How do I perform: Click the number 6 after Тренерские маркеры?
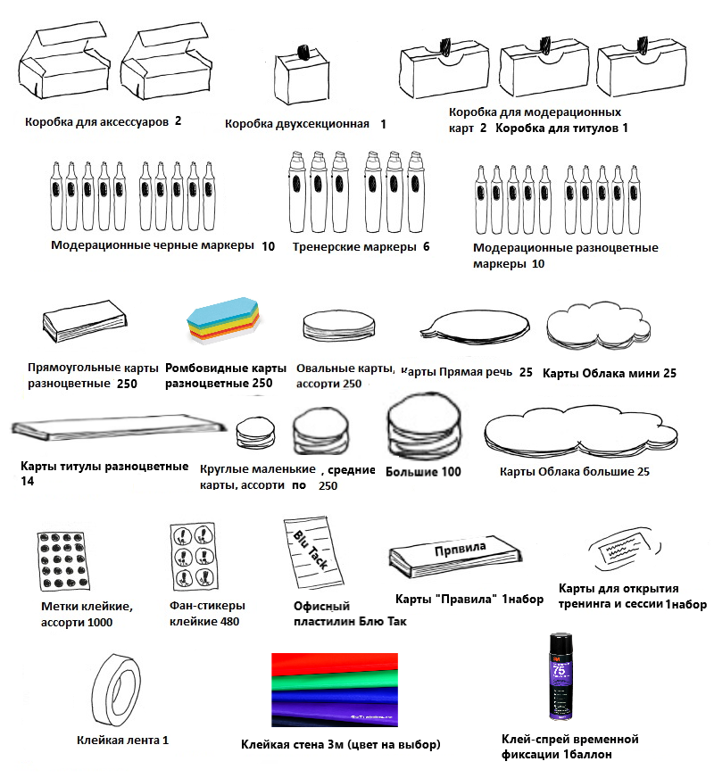tap(426, 245)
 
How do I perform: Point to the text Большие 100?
tap(424, 471)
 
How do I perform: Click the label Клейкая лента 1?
tap(122, 740)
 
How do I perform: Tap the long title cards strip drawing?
tap(107, 426)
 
